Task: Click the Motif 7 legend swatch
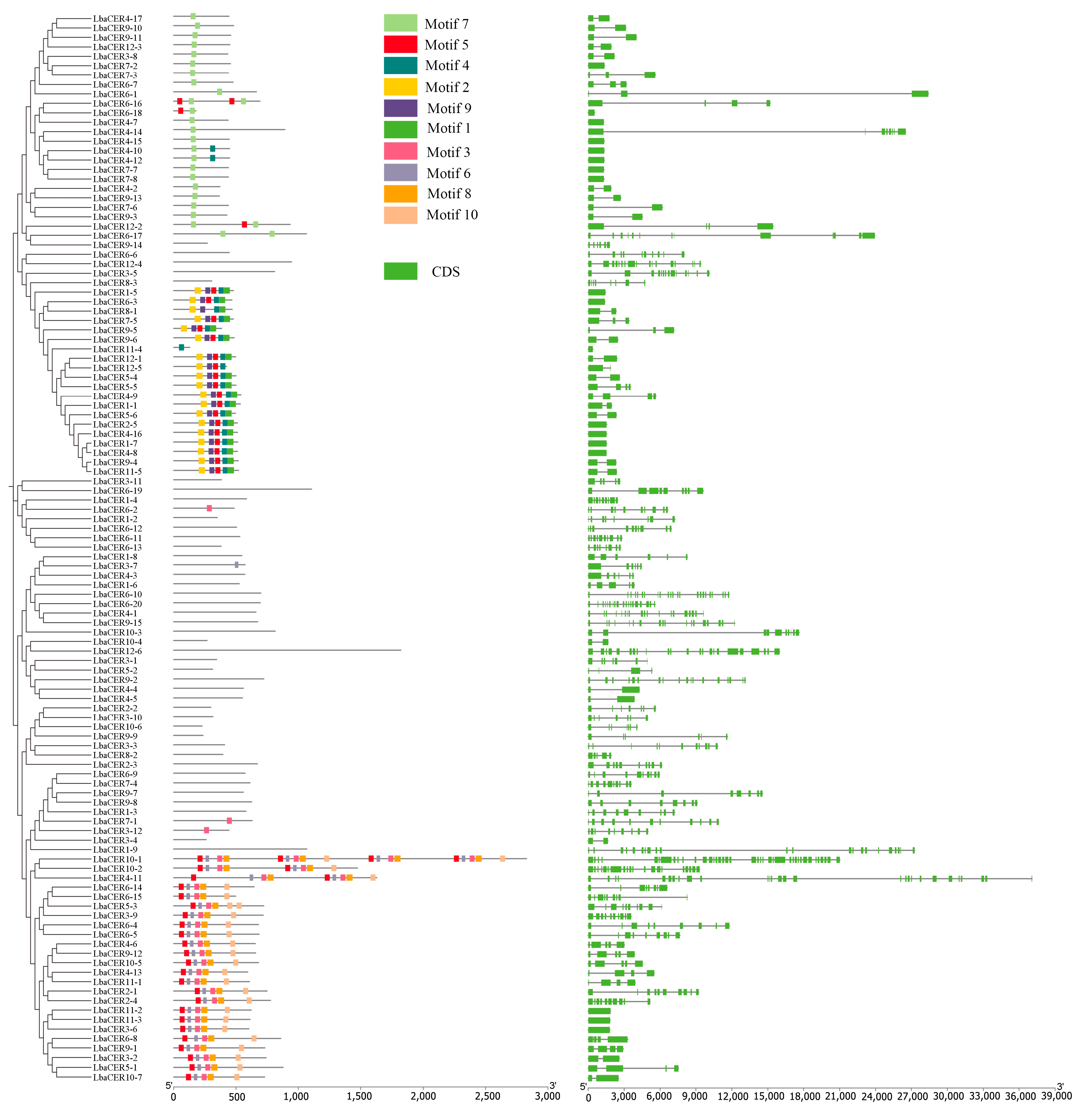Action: coord(400,23)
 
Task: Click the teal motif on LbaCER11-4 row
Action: coord(181,347)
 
